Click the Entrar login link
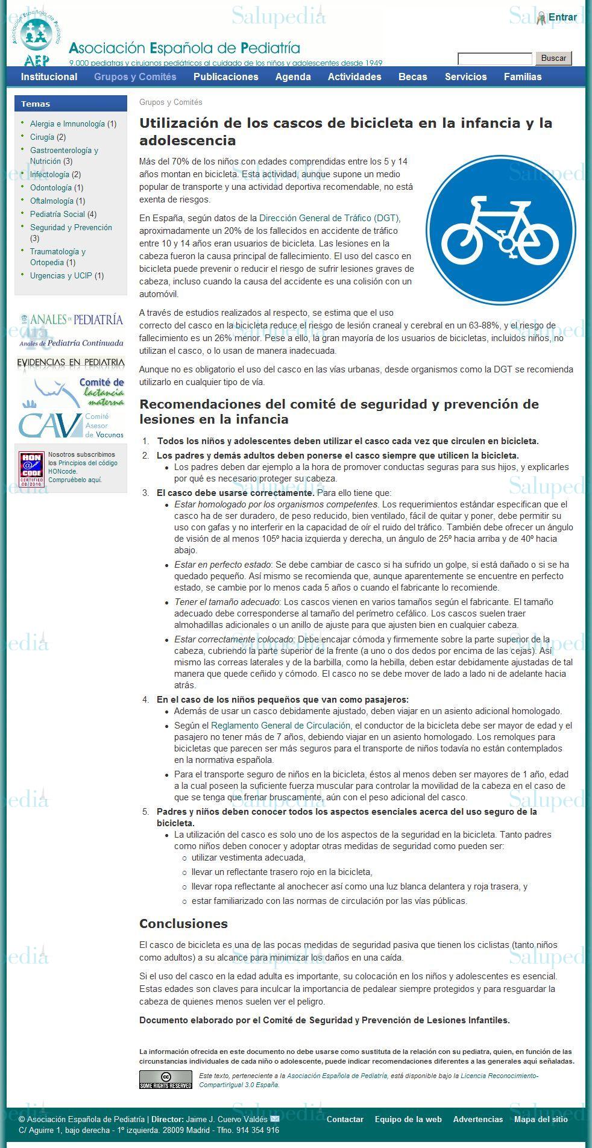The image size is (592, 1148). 562,17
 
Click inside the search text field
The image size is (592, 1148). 494,58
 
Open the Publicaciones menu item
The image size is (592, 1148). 225,77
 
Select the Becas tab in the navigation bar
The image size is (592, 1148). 412,77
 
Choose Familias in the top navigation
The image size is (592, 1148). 522,77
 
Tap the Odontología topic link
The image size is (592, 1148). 51,187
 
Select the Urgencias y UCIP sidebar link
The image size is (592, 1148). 61,275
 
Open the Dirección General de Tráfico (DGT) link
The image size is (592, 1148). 329,218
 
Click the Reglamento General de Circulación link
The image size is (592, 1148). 280,726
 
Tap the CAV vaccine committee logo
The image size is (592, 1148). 71,425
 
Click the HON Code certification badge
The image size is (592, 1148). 31,469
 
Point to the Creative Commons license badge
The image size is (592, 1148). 165,1079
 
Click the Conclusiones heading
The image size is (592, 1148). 183,924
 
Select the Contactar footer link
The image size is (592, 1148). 345,1119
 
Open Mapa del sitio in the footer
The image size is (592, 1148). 541,1119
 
